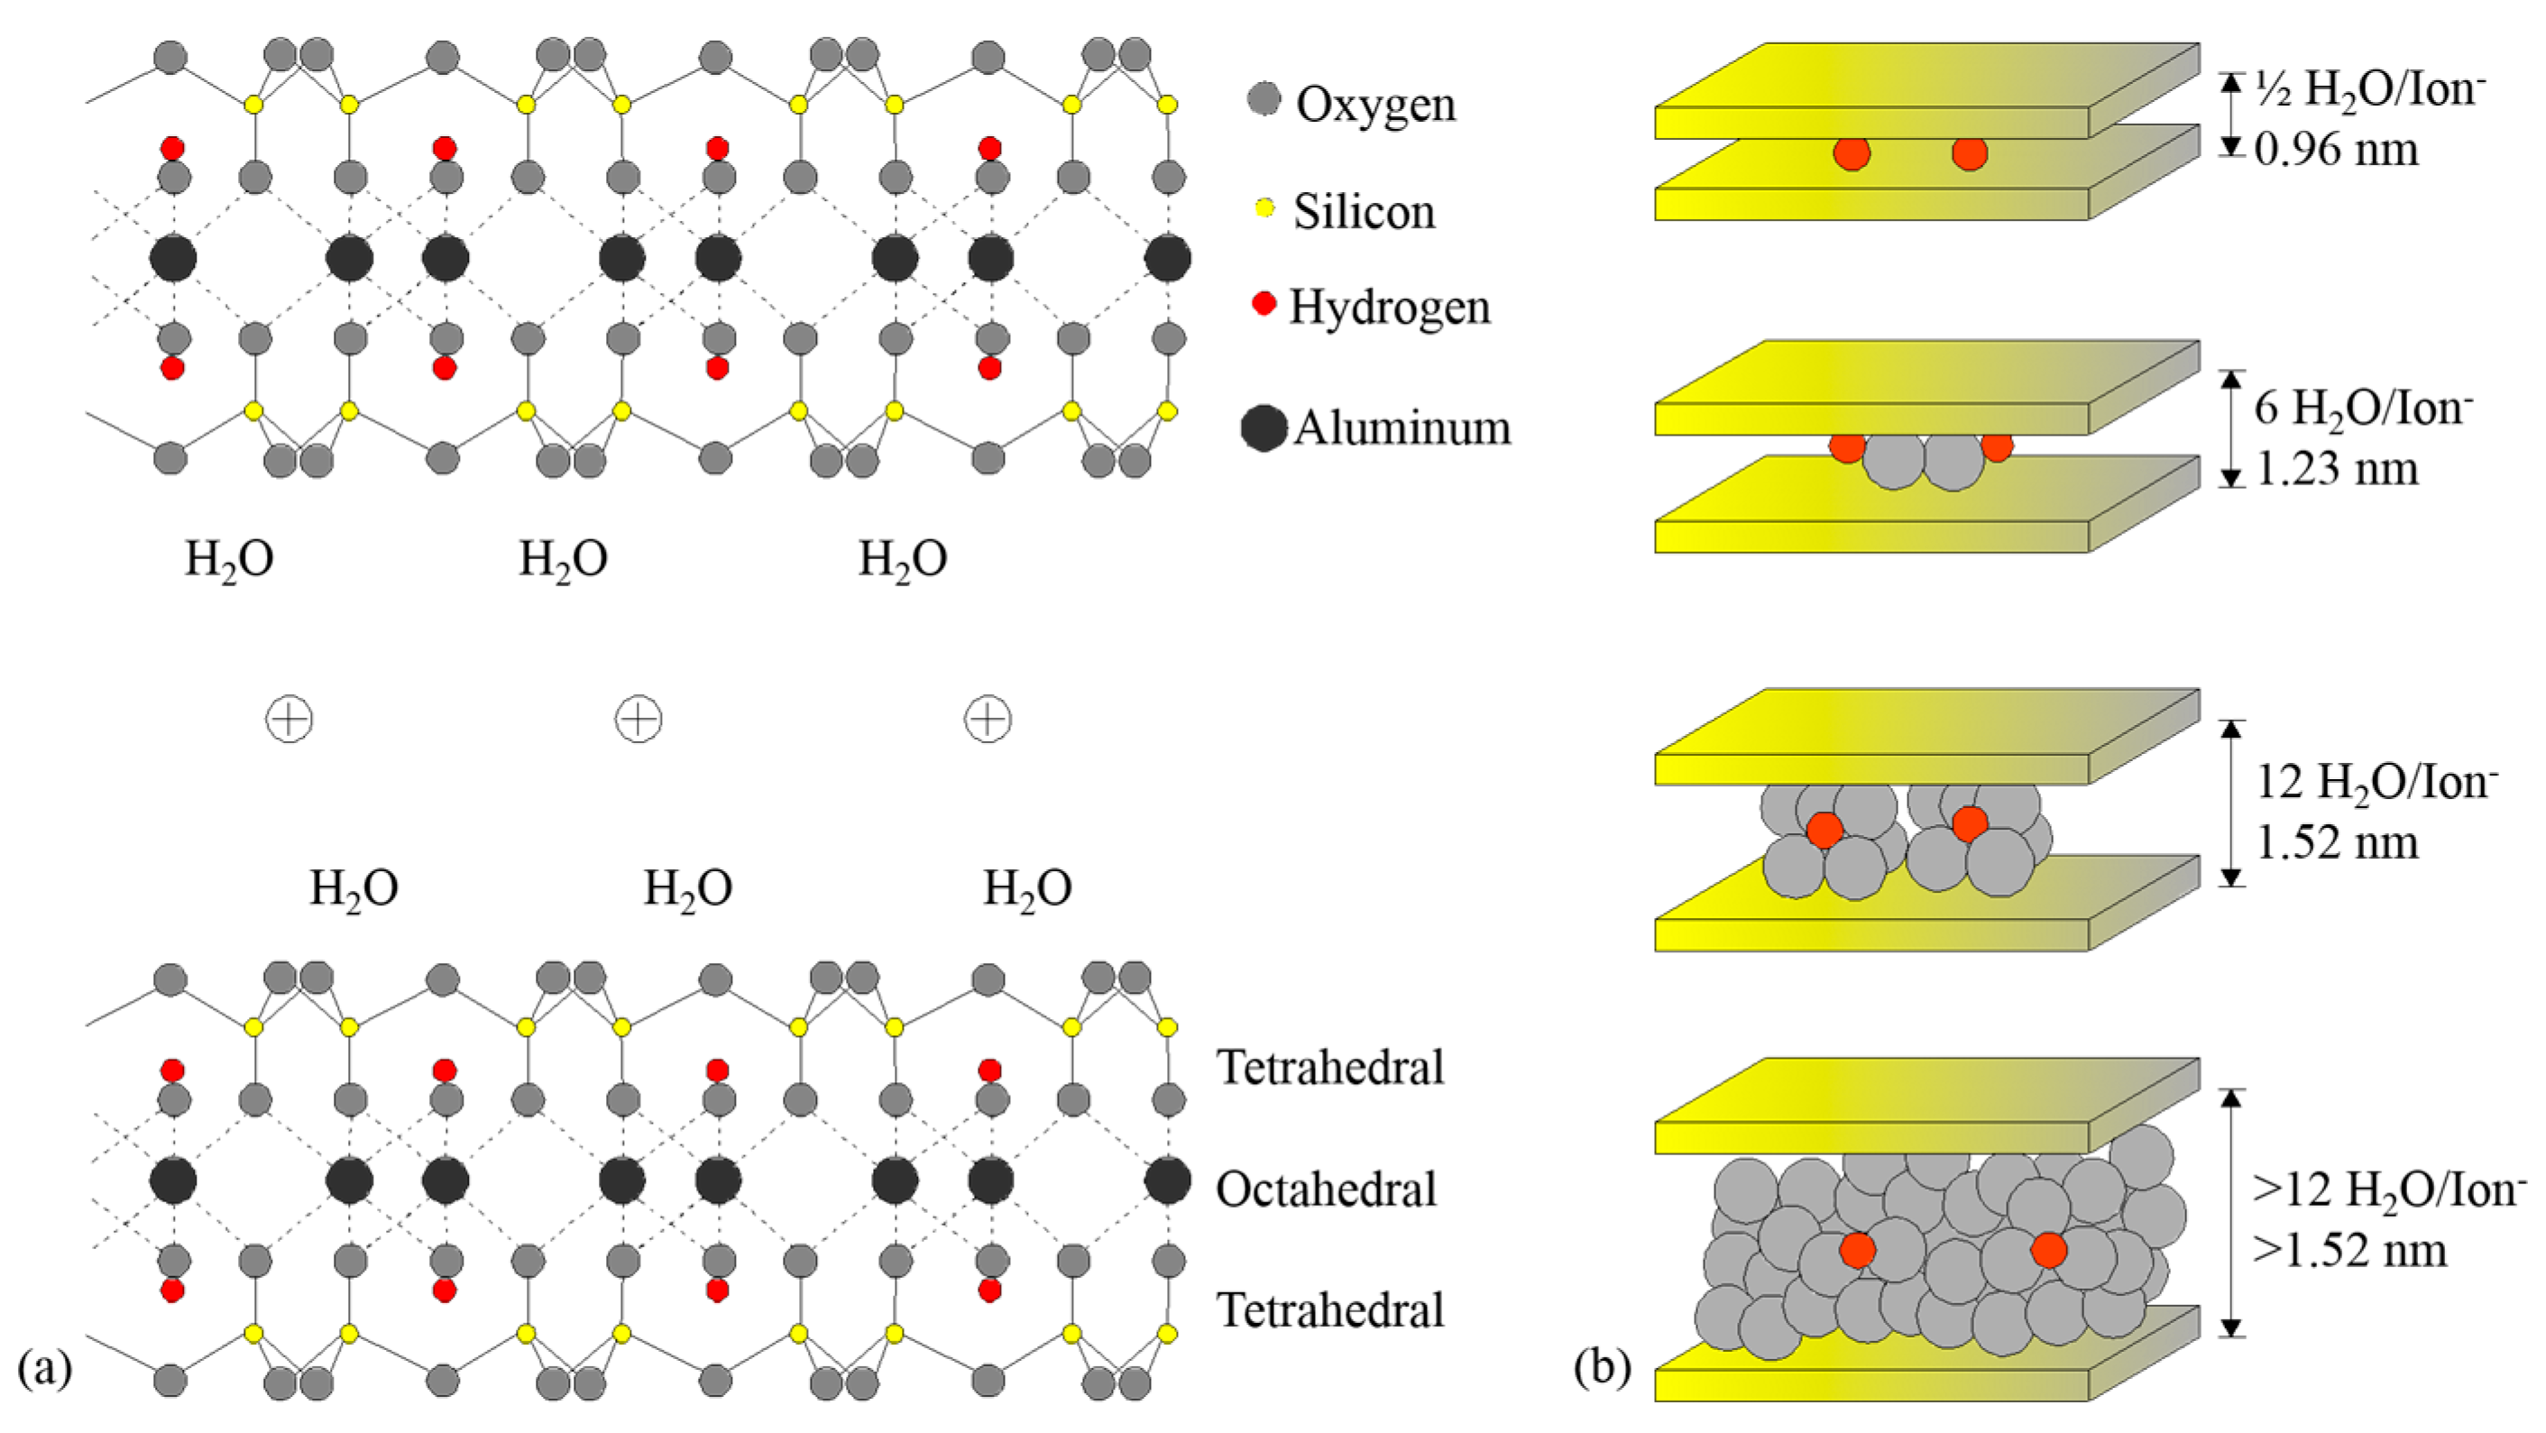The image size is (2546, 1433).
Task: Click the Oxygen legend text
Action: (1375, 105)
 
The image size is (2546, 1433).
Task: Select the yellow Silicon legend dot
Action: (1264, 208)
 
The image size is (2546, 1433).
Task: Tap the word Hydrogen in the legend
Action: (1390, 308)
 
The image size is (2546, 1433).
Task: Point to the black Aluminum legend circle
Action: (1264, 428)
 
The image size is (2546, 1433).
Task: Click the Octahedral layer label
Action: (1326, 1189)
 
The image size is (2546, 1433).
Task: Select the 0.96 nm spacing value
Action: (2337, 151)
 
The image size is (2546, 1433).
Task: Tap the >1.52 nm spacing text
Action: (2349, 1251)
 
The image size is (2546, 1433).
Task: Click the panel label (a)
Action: (44, 1369)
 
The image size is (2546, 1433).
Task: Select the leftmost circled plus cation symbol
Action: (290, 720)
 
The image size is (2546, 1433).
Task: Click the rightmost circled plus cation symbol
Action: (988, 720)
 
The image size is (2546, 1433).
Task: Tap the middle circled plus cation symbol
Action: (639, 720)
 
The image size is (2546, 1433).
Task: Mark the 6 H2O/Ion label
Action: (2363, 409)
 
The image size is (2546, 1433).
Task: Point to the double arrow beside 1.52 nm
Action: (2230, 803)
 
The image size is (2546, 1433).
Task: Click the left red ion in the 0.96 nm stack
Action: (1852, 153)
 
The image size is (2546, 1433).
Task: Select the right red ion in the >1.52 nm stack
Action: (2048, 1250)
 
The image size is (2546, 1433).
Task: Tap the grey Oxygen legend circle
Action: (1264, 99)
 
